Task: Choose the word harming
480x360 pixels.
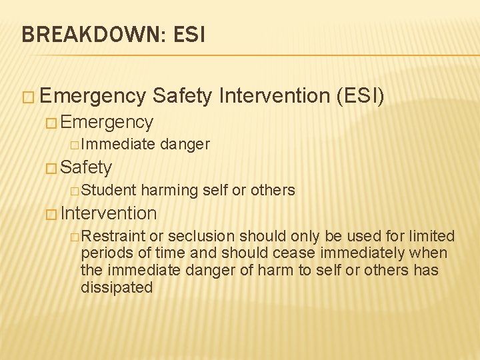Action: click(169, 190)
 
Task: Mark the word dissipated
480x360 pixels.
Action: click(117, 287)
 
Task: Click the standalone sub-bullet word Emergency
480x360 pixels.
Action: click(107, 122)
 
